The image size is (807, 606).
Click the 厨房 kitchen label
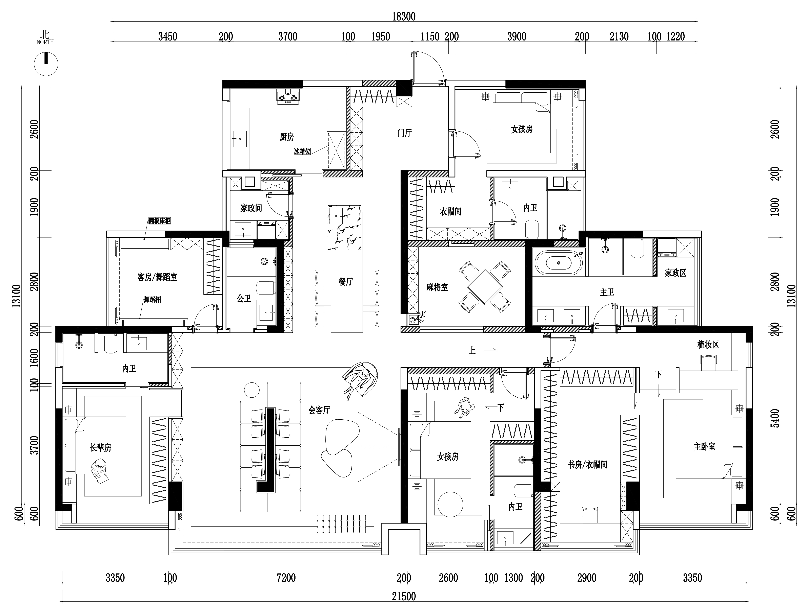pos(287,137)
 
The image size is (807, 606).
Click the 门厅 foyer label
pos(405,133)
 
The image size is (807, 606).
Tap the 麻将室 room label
pos(437,287)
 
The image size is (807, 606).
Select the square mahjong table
pos(484,286)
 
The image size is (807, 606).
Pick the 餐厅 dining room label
pos(345,281)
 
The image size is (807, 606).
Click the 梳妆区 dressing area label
pos(708,345)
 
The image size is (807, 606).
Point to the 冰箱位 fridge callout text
pos(302,151)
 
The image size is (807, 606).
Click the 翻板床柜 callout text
pos(159,221)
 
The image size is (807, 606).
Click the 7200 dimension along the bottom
pos(286,578)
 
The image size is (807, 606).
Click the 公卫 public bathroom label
pos(244,299)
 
